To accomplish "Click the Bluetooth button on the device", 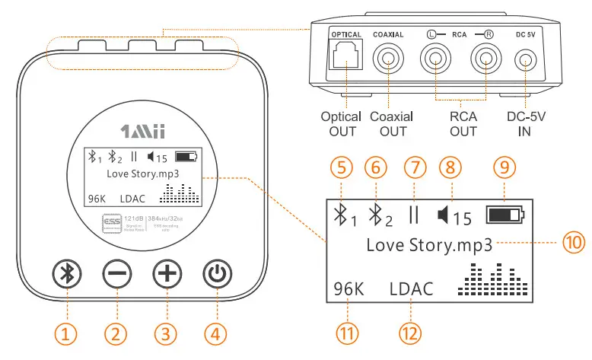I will [x=65, y=274].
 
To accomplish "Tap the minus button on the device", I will [x=116, y=274].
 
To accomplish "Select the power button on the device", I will [x=217, y=274].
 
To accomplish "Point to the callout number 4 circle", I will [x=217, y=333].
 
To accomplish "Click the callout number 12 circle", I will [x=411, y=333].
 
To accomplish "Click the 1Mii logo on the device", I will [x=143, y=132].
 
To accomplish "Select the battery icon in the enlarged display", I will [x=505, y=215].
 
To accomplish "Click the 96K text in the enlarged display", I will [x=350, y=288].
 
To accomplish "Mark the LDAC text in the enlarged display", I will [x=411, y=288].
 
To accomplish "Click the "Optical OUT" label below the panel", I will [x=341, y=124].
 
